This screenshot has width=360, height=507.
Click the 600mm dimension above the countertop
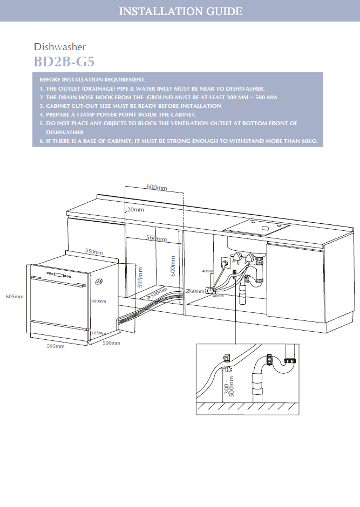[x=157, y=187]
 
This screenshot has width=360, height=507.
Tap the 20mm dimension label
[x=135, y=209]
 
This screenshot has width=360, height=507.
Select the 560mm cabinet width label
[x=157, y=238]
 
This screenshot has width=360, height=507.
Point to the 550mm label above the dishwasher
[x=94, y=252]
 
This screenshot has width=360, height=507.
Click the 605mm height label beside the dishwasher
[x=14, y=297]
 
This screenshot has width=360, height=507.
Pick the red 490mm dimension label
[x=98, y=301]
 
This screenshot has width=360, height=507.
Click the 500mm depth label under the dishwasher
[x=111, y=342]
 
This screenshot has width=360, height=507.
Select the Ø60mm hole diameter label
[x=195, y=291]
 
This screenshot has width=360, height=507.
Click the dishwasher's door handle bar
[x=58, y=278]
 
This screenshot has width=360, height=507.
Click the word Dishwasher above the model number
[x=59, y=47]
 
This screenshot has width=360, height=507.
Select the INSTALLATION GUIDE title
[x=180, y=11]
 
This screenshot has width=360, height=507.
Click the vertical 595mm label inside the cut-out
[x=140, y=278]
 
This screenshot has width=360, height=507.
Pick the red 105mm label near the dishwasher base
[x=98, y=333]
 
